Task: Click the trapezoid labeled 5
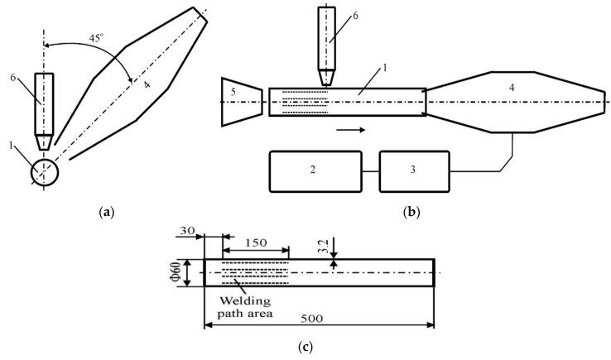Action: point(241,102)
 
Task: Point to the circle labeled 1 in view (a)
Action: point(46,174)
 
